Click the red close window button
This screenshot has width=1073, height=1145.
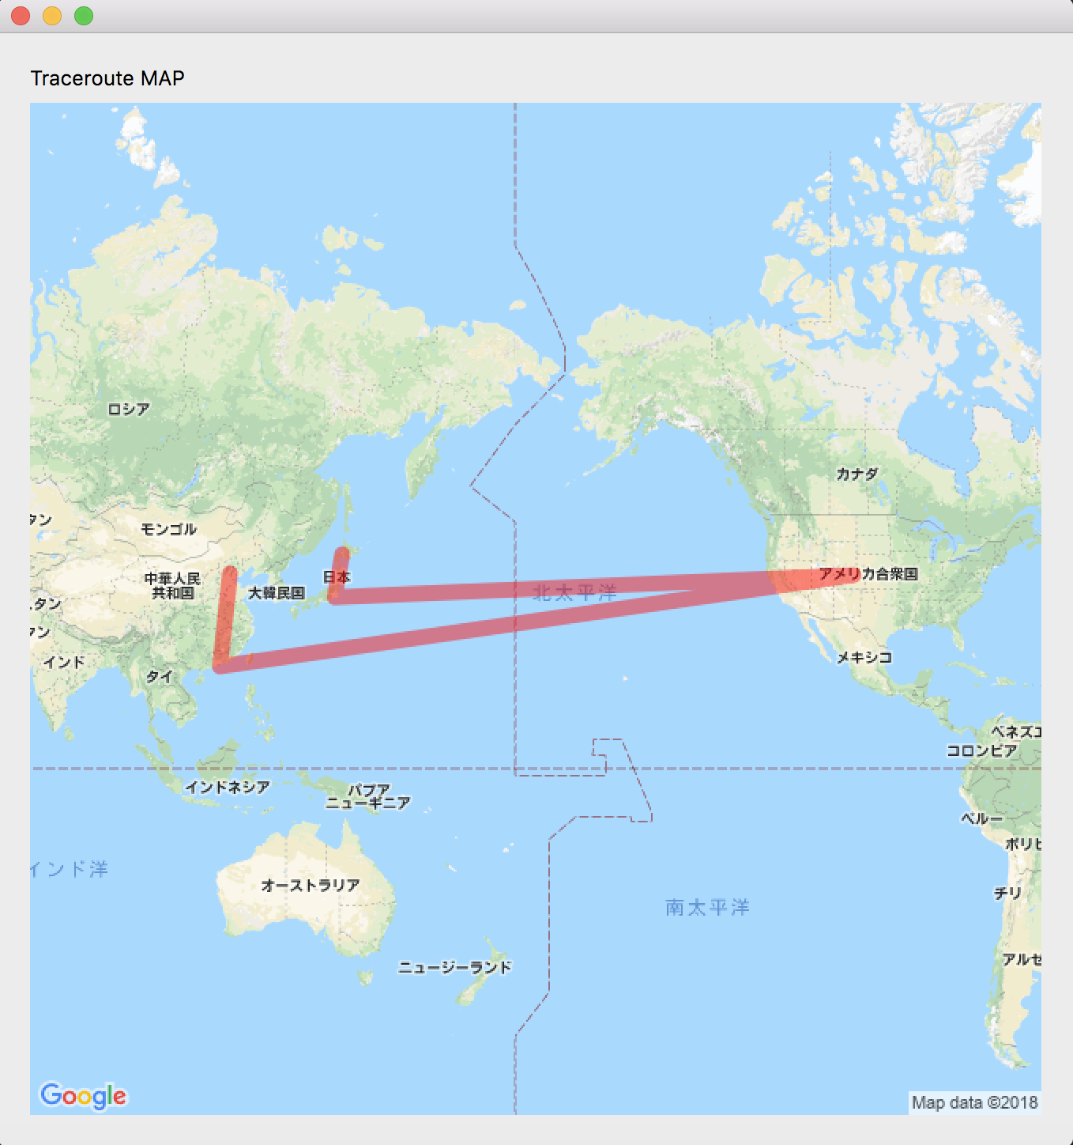(x=21, y=16)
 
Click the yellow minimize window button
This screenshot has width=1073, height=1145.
(x=52, y=16)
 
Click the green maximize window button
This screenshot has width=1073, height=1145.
(x=84, y=16)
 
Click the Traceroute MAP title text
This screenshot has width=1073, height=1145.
(x=107, y=78)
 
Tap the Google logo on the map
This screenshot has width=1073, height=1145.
(x=83, y=1096)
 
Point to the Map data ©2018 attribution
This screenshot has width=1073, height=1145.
(x=974, y=1102)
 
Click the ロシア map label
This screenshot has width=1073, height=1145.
(x=128, y=409)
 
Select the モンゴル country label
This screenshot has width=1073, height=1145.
(x=168, y=529)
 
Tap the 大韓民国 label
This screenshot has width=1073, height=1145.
(x=277, y=592)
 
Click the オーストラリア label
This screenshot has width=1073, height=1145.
(x=311, y=885)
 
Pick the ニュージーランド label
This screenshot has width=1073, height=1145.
(x=455, y=967)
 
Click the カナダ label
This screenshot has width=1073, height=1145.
(x=857, y=474)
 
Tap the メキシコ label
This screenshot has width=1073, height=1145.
(x=864, y=657)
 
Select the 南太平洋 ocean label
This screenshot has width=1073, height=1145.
(x=707, y=907)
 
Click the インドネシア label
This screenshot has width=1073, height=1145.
(x=228, y=787)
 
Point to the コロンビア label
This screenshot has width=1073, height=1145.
(x=982, y=750)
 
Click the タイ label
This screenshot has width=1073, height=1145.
(x=159, y=676)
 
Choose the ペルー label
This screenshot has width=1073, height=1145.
(x=981, y=818)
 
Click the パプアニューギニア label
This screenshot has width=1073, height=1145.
(x=368, y=796)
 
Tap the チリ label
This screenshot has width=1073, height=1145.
(x=1008, y=893)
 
